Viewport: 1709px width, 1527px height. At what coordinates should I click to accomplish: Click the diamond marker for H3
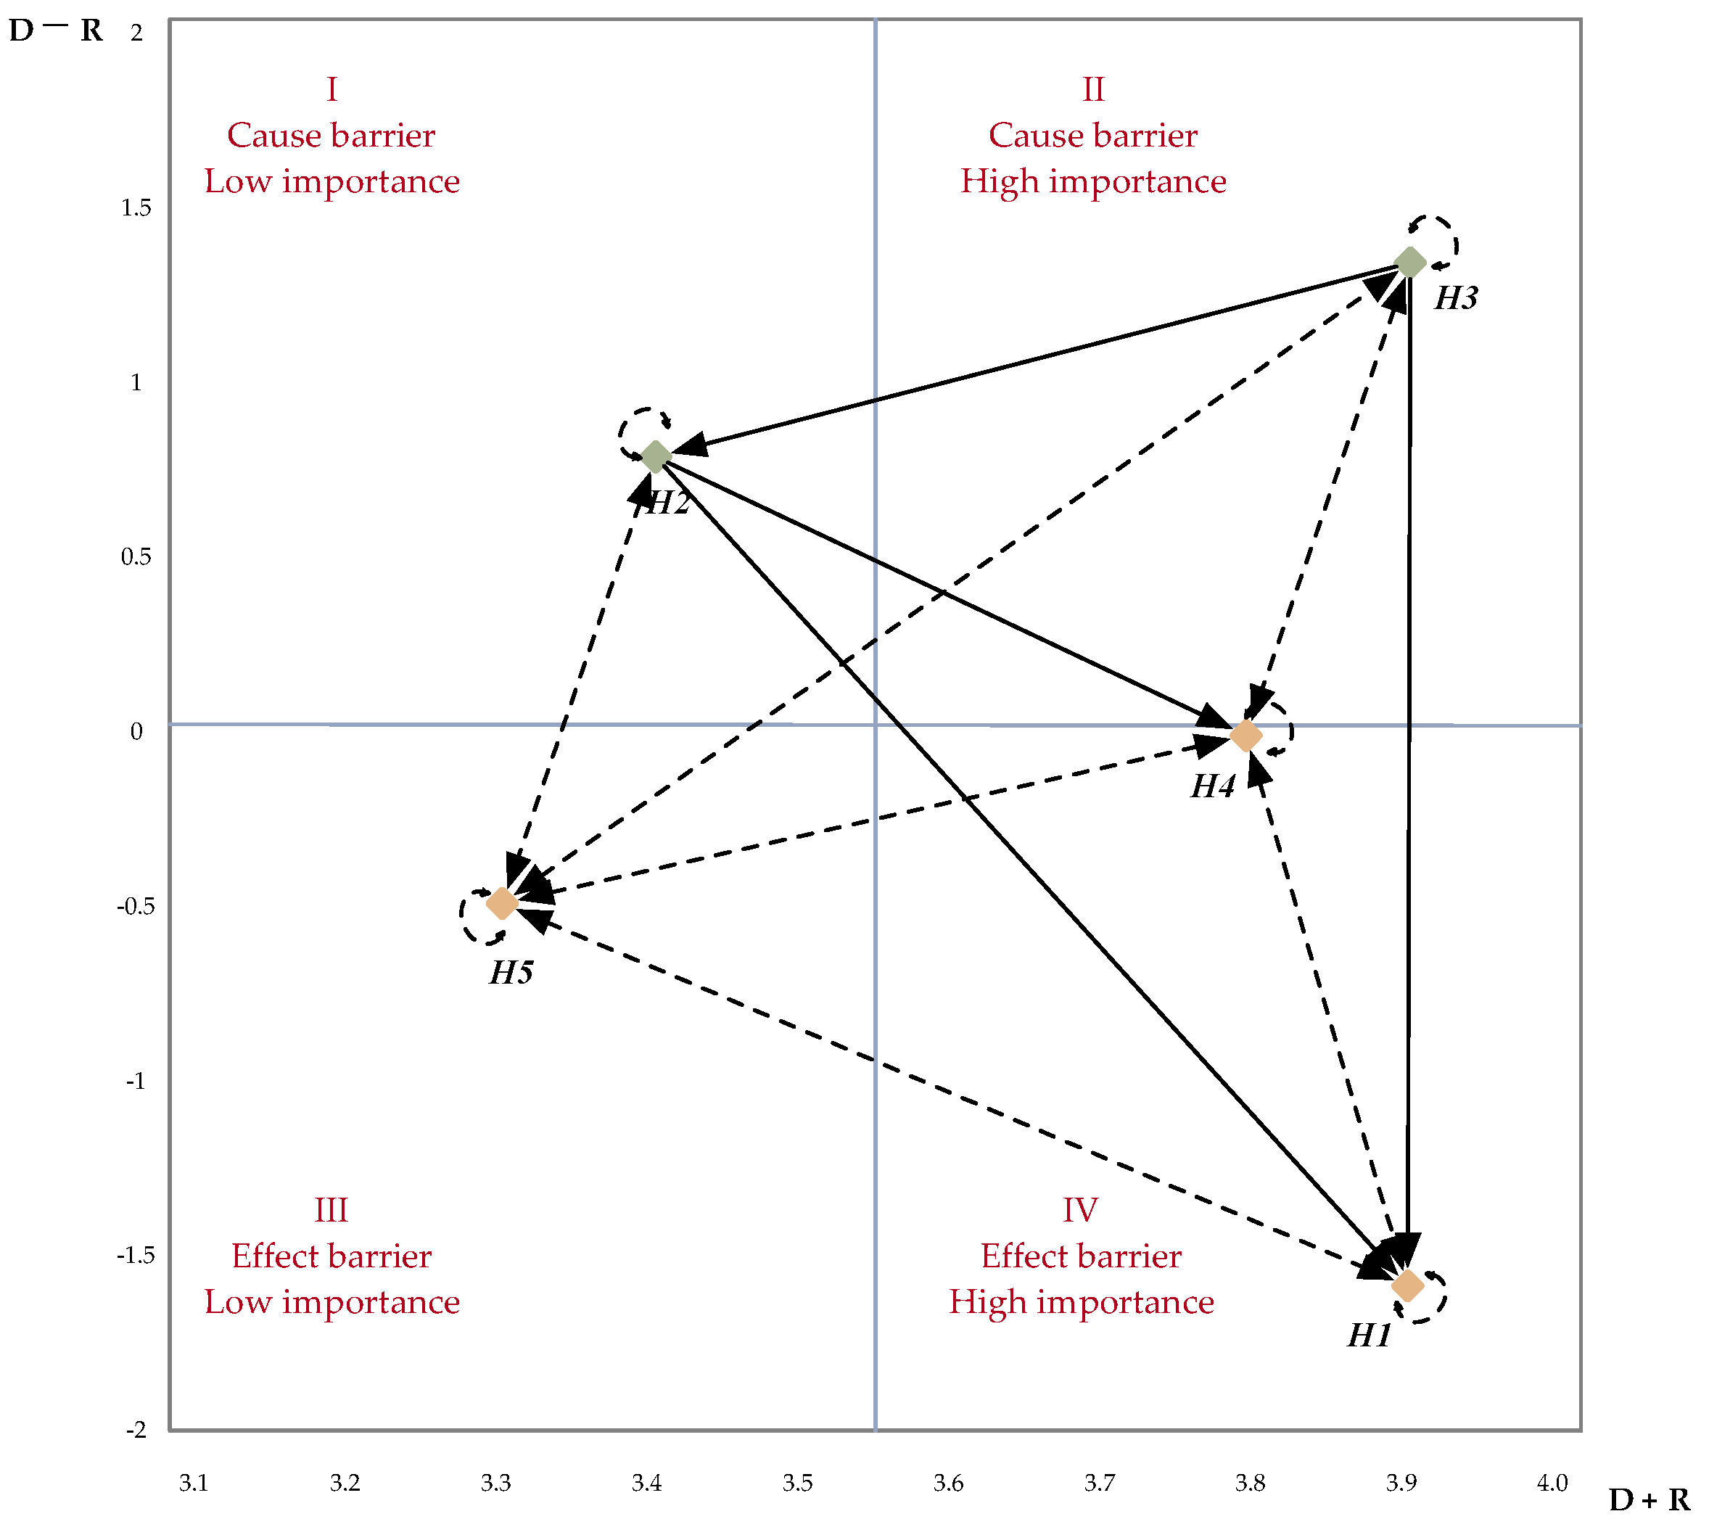coord(1409,263)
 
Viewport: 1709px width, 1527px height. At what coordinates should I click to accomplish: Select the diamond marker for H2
coord(655,457)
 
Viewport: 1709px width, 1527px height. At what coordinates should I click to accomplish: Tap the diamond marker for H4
coord(1246,736)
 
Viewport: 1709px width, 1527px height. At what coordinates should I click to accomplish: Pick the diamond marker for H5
coord(502,904)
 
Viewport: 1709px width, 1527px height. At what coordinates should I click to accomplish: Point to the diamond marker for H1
coord(1408,1285)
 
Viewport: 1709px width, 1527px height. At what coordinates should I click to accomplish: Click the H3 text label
coord(1456,299)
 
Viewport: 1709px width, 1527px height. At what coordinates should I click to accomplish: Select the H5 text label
coord(511,974)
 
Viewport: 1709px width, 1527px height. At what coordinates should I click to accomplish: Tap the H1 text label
coord(1370,1335)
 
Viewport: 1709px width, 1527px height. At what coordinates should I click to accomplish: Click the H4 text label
coord(1212,787)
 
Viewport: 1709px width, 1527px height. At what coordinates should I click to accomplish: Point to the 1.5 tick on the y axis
coord(136,208)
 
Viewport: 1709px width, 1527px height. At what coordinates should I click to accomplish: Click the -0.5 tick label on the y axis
coord(135,906)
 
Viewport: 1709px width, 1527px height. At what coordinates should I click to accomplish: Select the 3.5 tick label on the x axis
coord(797,1483)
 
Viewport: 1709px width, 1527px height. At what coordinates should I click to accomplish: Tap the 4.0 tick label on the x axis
coord(1552,1483)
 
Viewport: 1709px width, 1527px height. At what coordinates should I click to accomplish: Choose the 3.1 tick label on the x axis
coord(193,1483)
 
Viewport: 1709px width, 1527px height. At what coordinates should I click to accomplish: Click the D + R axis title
coord(1649,1499)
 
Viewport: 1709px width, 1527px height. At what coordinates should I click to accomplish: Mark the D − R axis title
coord(55,31)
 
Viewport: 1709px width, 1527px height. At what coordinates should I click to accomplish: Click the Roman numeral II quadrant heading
coord(1092,90)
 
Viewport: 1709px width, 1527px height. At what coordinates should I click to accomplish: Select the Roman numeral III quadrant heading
coord(331,1211)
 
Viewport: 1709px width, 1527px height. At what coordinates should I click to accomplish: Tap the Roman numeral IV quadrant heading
coord(1080,1211)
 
